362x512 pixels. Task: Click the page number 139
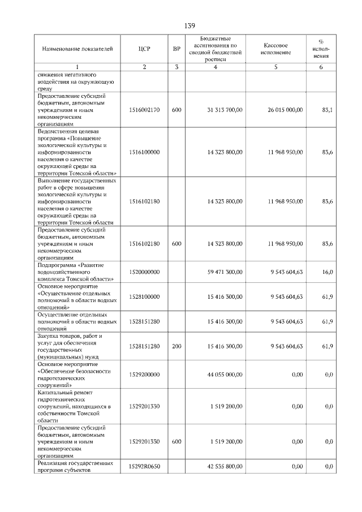[189, 26]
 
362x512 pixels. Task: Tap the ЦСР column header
[144, 49]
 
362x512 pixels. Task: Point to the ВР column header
[176, 49]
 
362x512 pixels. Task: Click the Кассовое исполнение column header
[276, 49]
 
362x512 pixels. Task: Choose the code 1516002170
[144, 110]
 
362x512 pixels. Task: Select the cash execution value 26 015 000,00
[285, 110]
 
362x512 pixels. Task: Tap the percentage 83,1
[327, 110]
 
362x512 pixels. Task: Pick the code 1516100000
[144, 152]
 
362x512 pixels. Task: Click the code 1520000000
[144, 272]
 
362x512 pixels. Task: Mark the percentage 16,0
[327, 272]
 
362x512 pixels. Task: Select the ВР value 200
[176, 346]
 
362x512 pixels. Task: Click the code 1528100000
[144, 296]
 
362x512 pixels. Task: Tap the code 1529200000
[144, 375]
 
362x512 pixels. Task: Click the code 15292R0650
[144, 467]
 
